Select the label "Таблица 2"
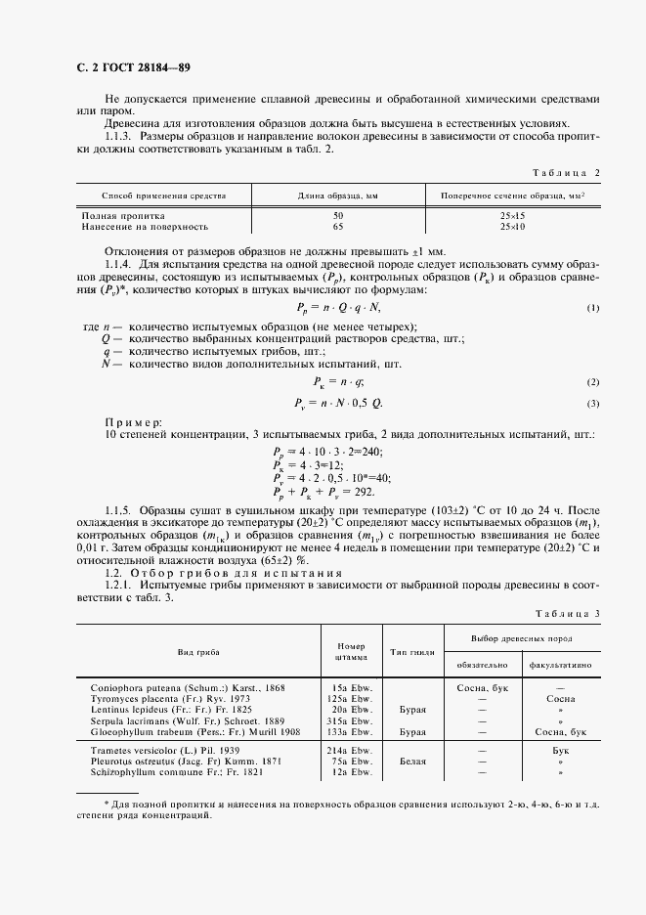566,172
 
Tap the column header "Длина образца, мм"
338,196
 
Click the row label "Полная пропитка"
123,215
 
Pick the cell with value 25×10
512,226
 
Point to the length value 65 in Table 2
338,226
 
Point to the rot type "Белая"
410,758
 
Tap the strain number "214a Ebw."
351,748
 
